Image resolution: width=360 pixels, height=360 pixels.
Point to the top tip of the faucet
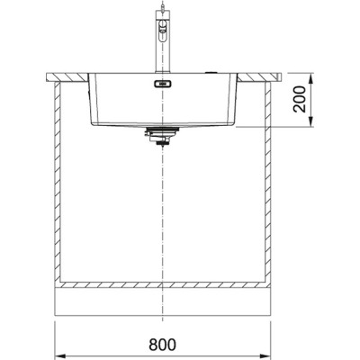(x=161, y=6)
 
